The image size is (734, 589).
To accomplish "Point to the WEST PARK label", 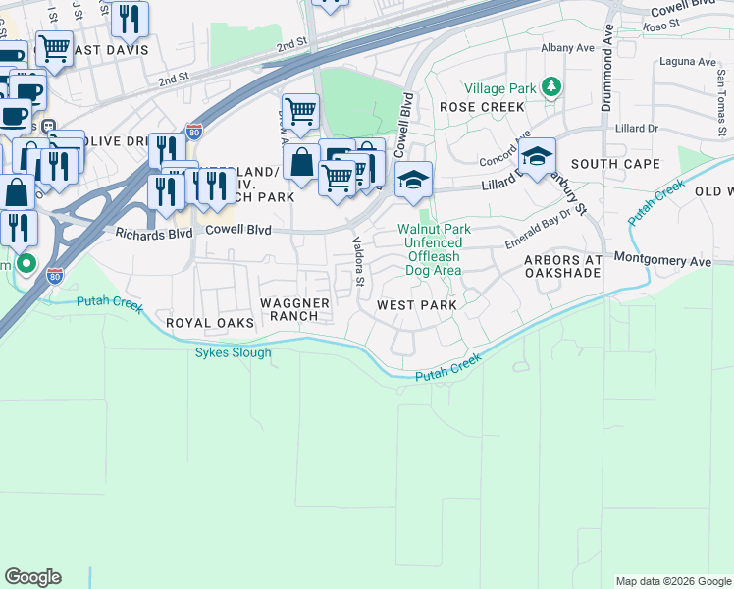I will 417,305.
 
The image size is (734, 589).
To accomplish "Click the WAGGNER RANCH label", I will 294,308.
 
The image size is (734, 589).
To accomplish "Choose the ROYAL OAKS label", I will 209,323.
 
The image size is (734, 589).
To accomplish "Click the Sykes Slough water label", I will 233,352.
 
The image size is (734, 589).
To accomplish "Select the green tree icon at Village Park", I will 551,87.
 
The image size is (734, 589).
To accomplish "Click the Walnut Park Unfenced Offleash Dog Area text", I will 434,249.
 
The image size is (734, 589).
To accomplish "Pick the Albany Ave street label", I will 568,47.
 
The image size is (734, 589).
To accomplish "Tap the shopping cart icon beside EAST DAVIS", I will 54,46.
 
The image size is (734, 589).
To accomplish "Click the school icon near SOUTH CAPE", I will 537,156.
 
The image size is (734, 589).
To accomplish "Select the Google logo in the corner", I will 32,577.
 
